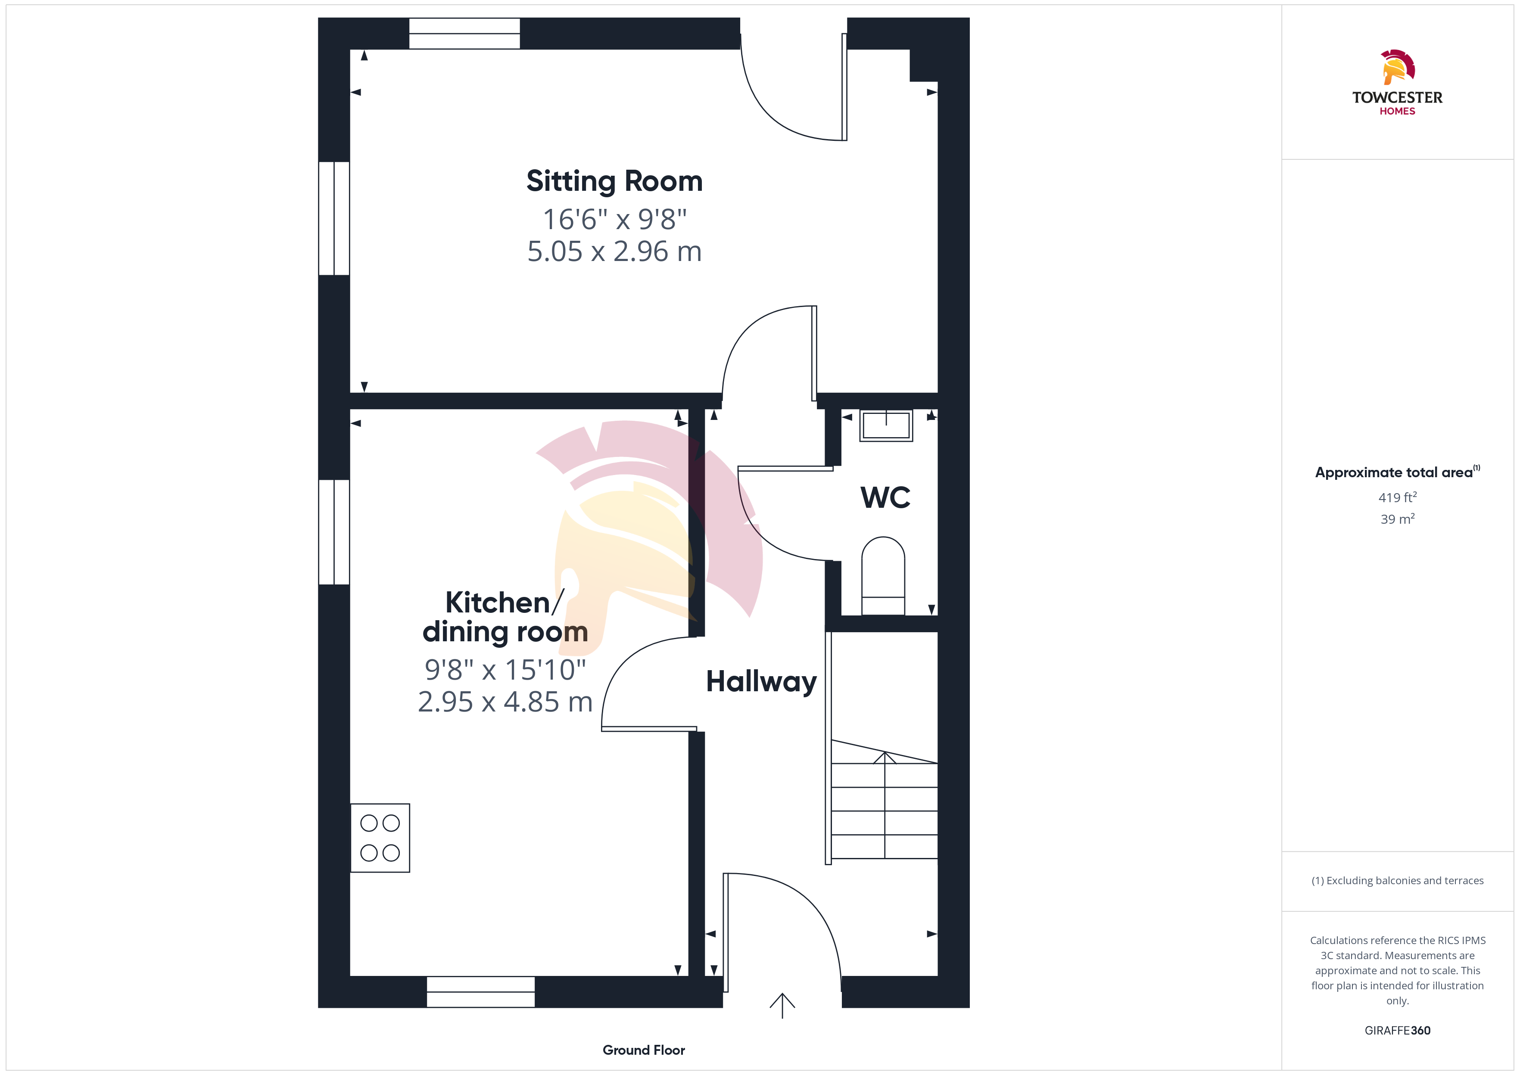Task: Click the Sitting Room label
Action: tap(614, 181)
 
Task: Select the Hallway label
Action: tap(761, 682)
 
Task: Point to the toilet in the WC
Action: tap(883, 576)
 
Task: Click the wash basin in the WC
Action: tap(886, 425)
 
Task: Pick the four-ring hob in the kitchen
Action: tap(380, 838)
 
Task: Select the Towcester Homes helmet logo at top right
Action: tap(1398, 67)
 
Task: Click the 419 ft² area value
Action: tap(1398, 497)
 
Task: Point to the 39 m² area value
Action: tap(1398, 519)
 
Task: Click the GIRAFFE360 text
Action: tap(1398, 1031)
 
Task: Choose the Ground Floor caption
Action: tap(644, 1050)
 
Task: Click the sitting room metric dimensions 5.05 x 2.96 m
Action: tap(614, 252)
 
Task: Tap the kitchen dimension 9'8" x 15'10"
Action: tap(505, 670)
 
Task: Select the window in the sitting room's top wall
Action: tap(464, 33)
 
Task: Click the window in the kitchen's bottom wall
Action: tap(481, 991)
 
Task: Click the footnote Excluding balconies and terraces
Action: tap(1398, 880)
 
